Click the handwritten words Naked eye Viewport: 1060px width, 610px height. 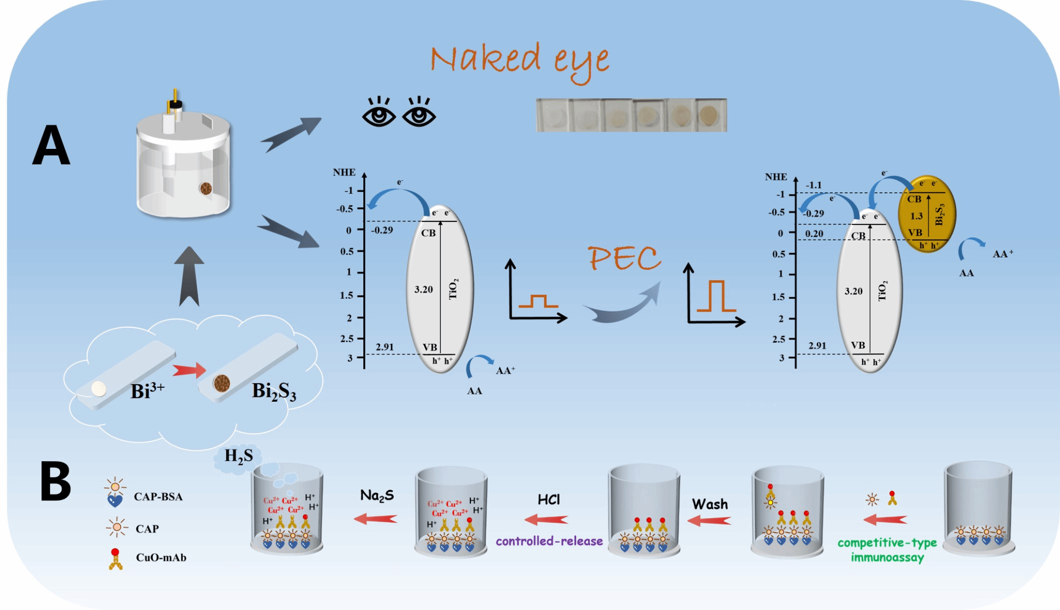point(519,60)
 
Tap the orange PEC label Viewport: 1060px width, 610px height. point(624,258)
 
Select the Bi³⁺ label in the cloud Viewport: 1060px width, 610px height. point(147,390)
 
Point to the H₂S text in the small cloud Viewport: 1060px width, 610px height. point(239,456)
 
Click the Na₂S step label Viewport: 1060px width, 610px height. point(377,496)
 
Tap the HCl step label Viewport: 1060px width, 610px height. point(549,499)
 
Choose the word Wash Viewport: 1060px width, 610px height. point(710,504)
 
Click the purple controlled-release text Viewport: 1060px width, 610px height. point(549,541)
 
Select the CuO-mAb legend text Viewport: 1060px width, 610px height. point(161,558)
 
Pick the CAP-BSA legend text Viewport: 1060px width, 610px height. point(158,497)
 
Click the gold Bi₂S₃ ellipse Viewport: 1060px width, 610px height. point(926,213)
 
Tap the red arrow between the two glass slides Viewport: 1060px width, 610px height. point(189,370)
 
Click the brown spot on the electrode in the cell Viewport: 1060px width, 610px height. point(205,188)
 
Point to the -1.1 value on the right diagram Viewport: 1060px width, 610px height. point(813,185)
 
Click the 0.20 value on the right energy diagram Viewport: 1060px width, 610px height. point(814,234)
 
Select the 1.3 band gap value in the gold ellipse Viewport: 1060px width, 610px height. point(916,216)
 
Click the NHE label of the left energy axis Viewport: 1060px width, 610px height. point(344,172)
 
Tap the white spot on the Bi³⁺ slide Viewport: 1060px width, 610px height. point(98,388)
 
